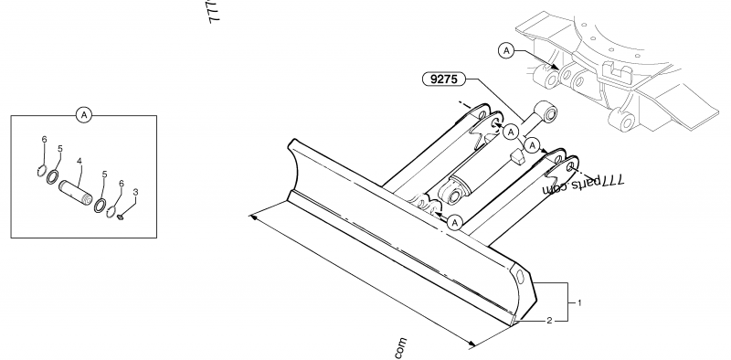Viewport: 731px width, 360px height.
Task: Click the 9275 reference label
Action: point(445,79)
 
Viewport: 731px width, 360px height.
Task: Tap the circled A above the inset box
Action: point(84,114)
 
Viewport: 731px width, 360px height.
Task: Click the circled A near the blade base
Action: point(455,220)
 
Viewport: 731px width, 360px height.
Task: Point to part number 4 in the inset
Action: point(80,162)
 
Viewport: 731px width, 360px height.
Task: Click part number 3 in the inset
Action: point(136,192)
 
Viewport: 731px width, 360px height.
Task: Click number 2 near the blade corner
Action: point(549,321)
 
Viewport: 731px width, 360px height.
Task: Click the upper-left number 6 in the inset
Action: point(44,139)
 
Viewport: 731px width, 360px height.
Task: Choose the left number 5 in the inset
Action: point(60,148)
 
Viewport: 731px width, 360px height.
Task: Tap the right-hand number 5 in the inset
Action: point(105,174)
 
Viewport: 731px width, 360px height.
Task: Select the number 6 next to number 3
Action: point(122,184)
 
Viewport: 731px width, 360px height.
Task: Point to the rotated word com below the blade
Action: point(401,349)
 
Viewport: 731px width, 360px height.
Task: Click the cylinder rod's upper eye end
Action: point(550,113)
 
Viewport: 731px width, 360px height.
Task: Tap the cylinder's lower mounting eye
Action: point(450,193)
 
